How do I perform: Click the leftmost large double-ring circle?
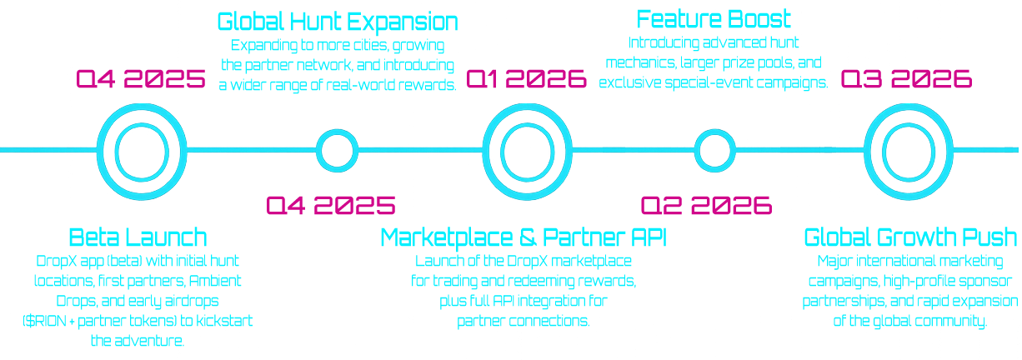(142, 152)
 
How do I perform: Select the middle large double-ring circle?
(527, 152)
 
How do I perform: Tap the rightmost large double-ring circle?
(909, 152)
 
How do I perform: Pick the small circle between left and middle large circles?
(337, 152)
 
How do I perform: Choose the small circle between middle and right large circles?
(714, 152)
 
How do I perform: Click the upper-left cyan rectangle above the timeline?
(311, 52)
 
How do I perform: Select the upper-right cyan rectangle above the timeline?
(711, 49)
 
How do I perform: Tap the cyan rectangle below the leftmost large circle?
(138, 285)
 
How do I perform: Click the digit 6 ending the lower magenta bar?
(765, 206)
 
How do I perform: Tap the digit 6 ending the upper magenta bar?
(967, 79)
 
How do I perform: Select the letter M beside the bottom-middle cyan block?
(387, 237)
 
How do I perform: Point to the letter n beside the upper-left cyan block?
(451, 22)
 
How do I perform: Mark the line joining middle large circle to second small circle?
(633, 151)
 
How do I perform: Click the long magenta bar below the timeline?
(517, 206)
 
